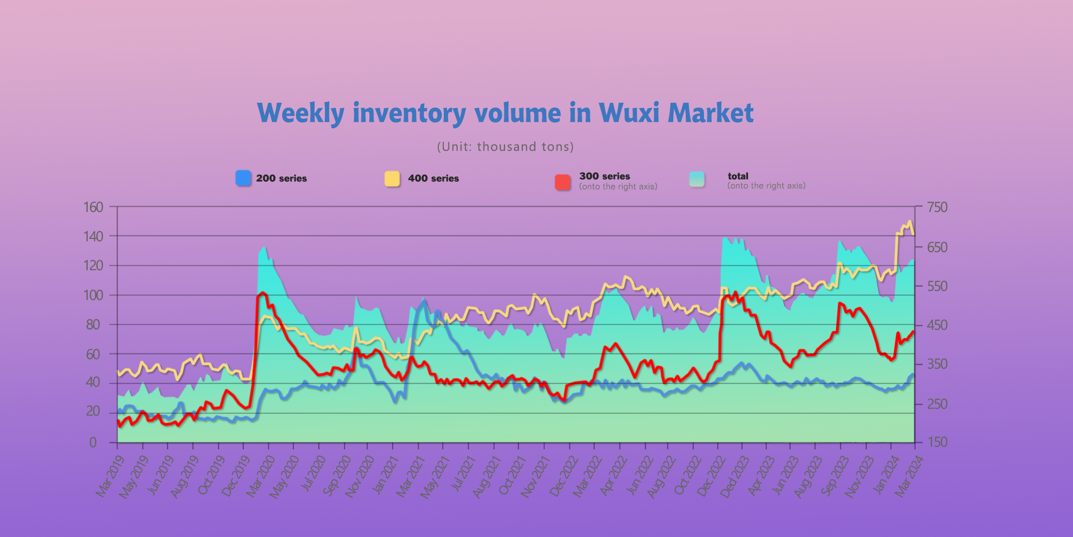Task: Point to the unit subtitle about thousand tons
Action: point(505,147)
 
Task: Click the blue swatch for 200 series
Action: point(243,178)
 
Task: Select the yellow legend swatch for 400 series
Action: point(392,178)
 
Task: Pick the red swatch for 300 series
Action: point(563,182)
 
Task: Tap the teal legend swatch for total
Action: point(697,179)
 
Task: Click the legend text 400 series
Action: point(433,178)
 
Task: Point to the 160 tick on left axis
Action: point(93,207)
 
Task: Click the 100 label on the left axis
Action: point(93,296)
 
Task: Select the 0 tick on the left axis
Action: point(93,442)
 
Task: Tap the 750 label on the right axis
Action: point(937,207)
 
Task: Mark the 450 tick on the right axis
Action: point(937,325)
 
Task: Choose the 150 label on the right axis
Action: point(937,442)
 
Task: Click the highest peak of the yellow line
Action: point(910,221)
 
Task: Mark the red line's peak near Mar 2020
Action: point(263,293)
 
